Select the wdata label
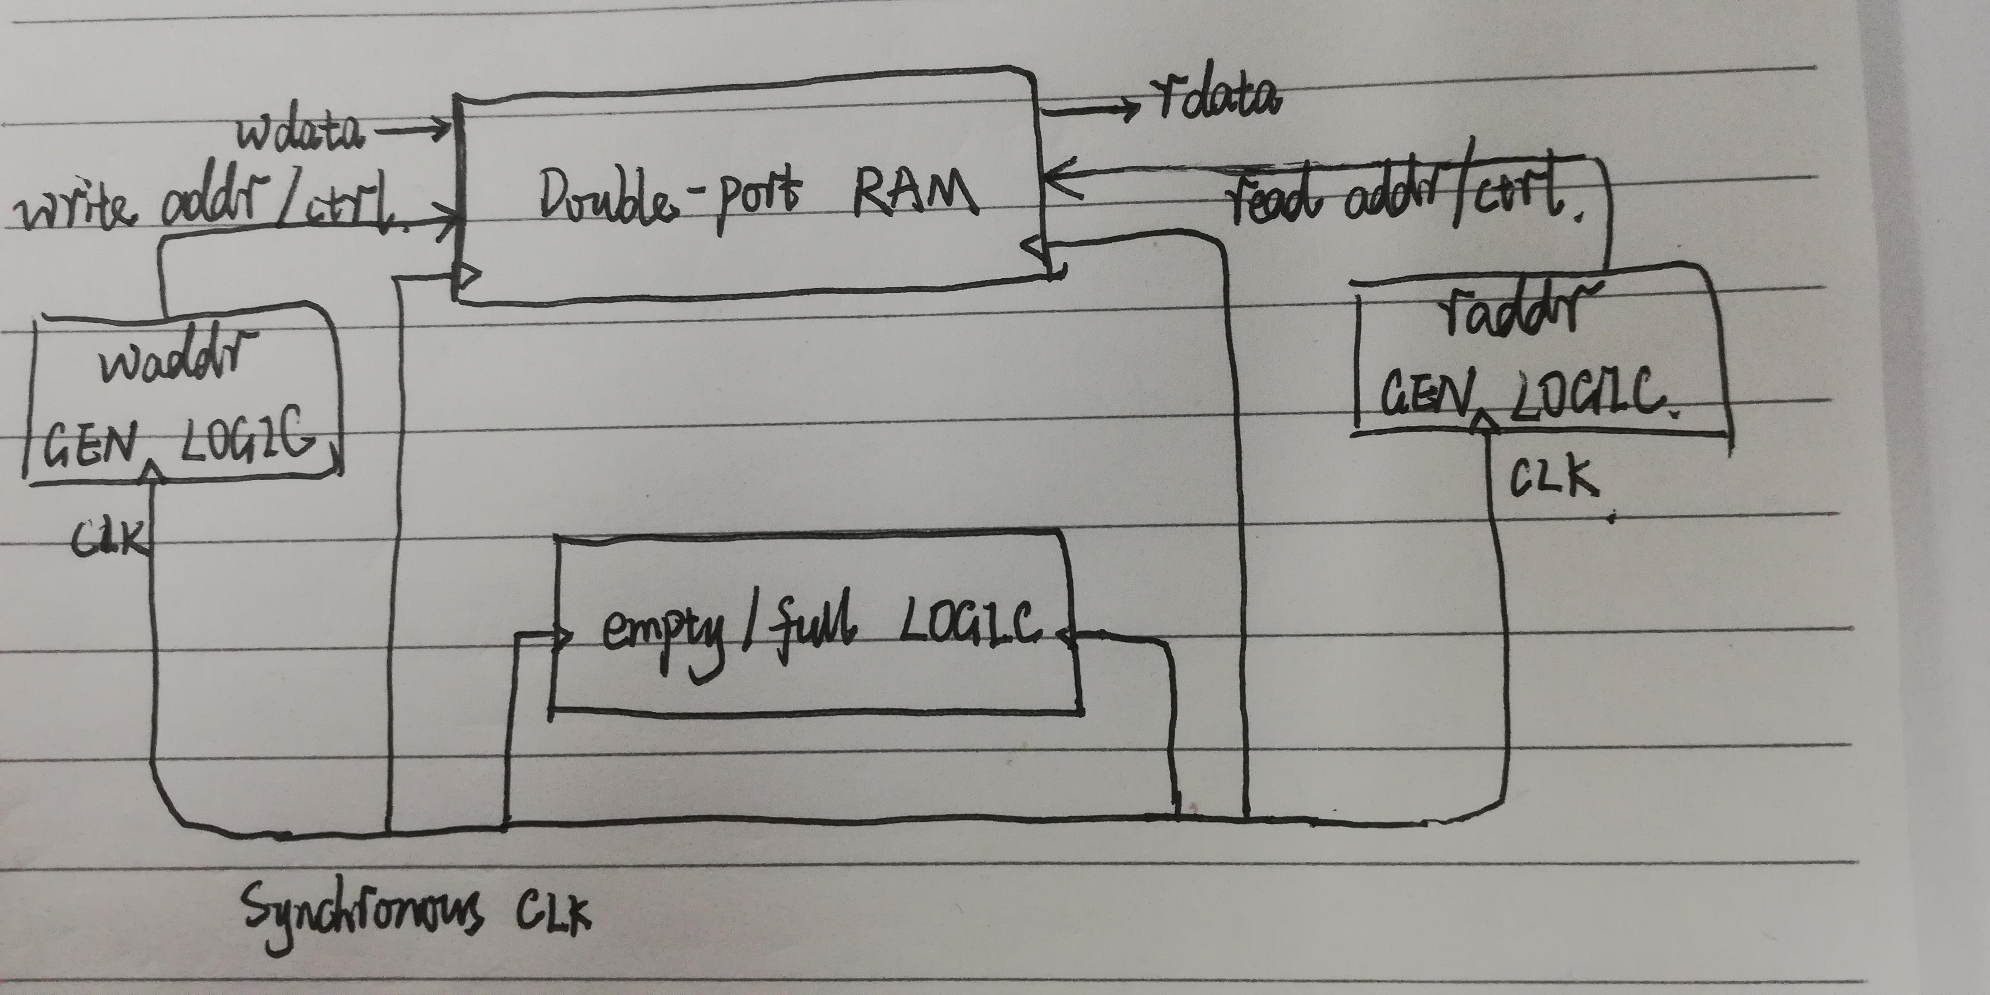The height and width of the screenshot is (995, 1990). pos(298,131)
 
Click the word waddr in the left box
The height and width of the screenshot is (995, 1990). pos(177,360)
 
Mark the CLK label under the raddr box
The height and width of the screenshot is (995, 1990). pos(1553,477)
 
